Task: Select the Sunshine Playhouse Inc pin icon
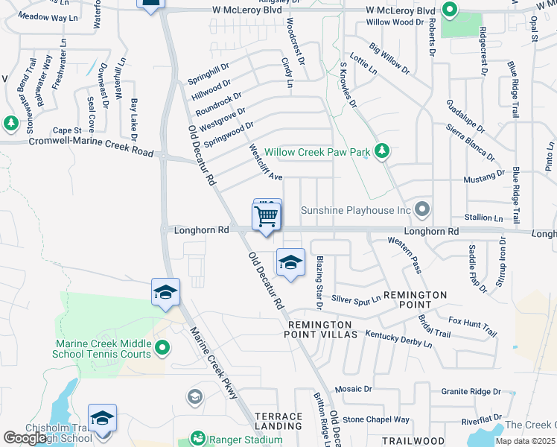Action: (423, 209)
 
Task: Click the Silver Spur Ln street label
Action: (356, 299)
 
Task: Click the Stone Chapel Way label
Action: (376, 419)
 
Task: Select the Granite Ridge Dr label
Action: (470, 391)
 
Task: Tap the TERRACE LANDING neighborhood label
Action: (278, 422)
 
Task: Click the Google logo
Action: (25, 438)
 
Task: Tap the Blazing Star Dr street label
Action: (318, 282)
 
